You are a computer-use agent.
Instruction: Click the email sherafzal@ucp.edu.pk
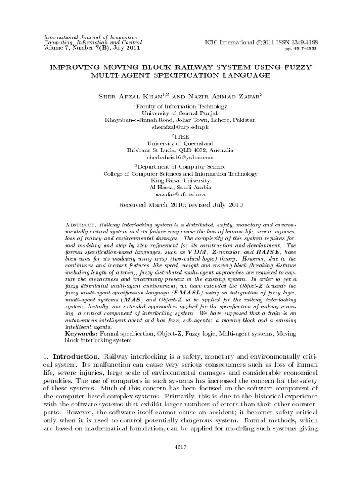pos(180,127)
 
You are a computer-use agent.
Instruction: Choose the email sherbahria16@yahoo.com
pos(180,157)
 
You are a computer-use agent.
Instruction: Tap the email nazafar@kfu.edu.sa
pos(180,194)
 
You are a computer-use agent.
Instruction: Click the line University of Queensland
pos(180,143)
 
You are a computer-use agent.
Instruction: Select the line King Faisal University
pos(180,180)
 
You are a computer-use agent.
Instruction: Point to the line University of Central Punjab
pos(180,113)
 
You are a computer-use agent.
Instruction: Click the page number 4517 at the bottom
pos(180,448)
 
